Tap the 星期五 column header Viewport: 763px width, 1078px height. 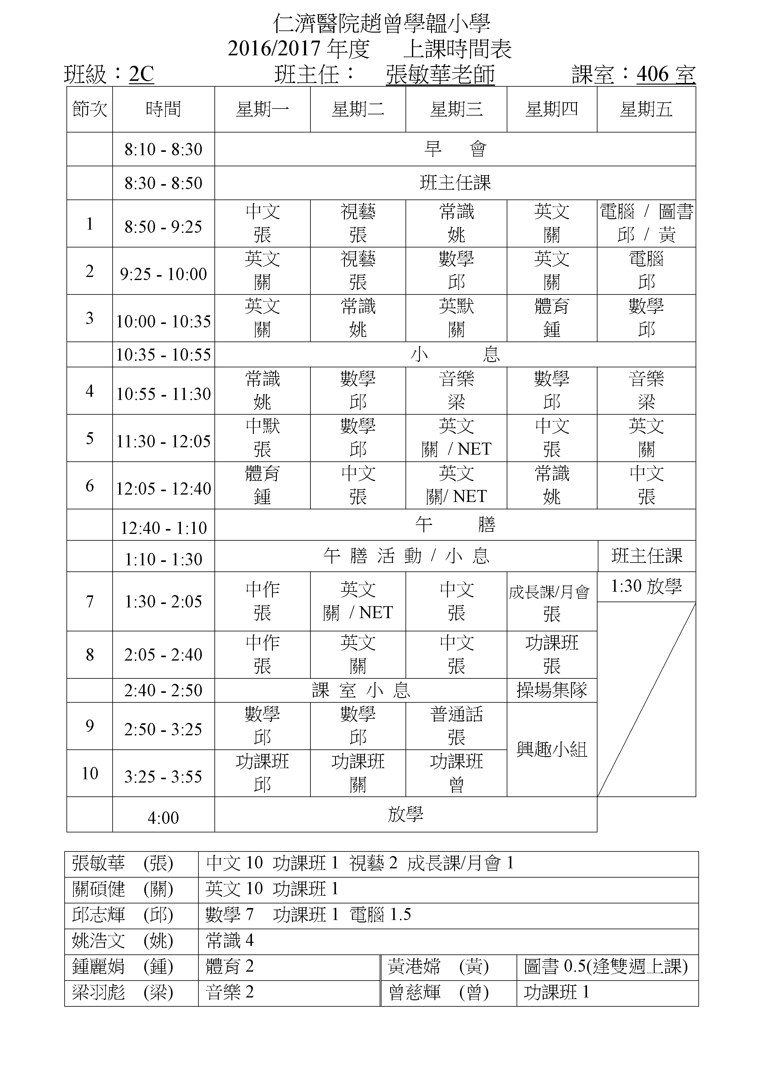click(646, 109)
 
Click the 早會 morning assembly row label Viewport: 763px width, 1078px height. click(455, 149)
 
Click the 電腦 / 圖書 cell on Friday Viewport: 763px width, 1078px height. click(646, 223)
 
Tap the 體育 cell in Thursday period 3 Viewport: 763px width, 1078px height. click(552, 318)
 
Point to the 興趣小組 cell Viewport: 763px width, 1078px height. click(552, 749)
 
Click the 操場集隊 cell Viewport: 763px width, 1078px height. click(552, 690)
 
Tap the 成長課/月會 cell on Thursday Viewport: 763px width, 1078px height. click(552, 602)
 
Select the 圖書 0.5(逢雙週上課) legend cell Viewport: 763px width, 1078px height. click(606, 966)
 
